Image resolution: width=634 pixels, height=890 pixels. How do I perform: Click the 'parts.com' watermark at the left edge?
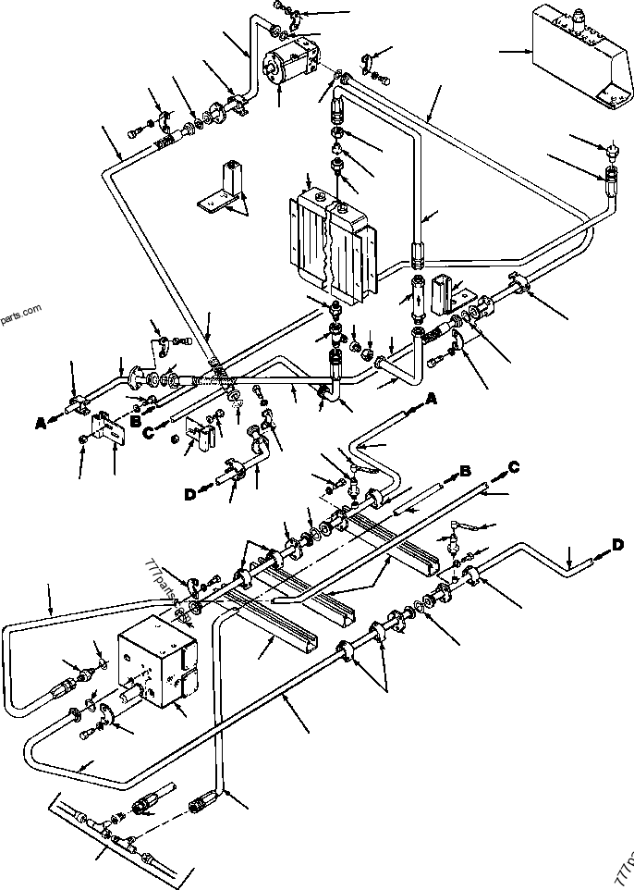[20, 314]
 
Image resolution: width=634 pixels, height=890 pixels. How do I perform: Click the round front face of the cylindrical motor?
[274, 68]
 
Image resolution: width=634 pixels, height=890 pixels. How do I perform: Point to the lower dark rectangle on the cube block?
[186, 686]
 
